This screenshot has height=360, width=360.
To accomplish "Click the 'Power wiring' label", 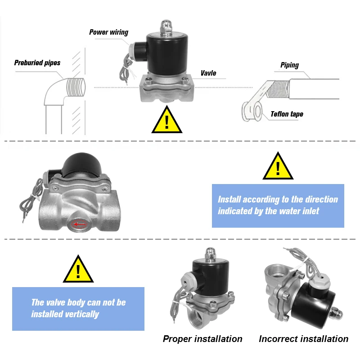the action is tap(108, 32).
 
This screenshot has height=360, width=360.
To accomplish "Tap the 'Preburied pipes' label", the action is tap(37, 63).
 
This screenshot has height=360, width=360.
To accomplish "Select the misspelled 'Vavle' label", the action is tap(208, 73).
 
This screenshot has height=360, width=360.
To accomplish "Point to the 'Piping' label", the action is tap(289, 65).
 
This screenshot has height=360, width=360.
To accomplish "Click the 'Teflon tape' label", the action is tap(287, 114).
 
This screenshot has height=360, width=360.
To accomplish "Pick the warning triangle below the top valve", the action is tap(167, 120).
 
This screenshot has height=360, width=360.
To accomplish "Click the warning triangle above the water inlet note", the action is tap(278, 166).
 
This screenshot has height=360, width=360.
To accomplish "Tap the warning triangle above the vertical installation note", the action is tap(78, 269).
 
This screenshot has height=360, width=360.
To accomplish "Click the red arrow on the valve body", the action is tap(80, 224).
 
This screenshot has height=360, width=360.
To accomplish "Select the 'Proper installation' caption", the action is tap(202, 339).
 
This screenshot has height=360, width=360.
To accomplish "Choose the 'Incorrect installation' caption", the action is tap(303, 339).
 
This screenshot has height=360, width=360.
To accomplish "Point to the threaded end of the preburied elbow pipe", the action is tap(76, 87).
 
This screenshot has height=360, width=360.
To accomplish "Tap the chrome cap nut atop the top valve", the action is tap(166, 27).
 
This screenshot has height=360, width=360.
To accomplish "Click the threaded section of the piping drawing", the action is tap(278, 89).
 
